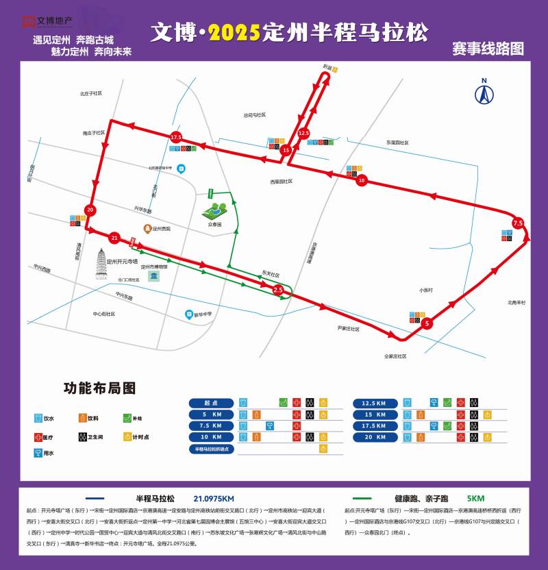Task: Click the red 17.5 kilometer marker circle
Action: pos(176,138)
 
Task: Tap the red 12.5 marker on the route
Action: pos(304,133)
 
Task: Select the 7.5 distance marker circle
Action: pos(518,223)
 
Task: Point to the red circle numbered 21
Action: pos(114,238)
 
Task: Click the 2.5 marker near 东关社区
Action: pos(278,290)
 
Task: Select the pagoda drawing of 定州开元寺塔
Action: pos(103,264)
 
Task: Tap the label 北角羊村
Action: pos(516,302)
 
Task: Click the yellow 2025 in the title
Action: pos(234,32)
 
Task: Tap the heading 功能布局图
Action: pos(99,388)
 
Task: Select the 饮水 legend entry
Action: pos(48,417)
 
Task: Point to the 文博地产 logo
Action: pos(48,21)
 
